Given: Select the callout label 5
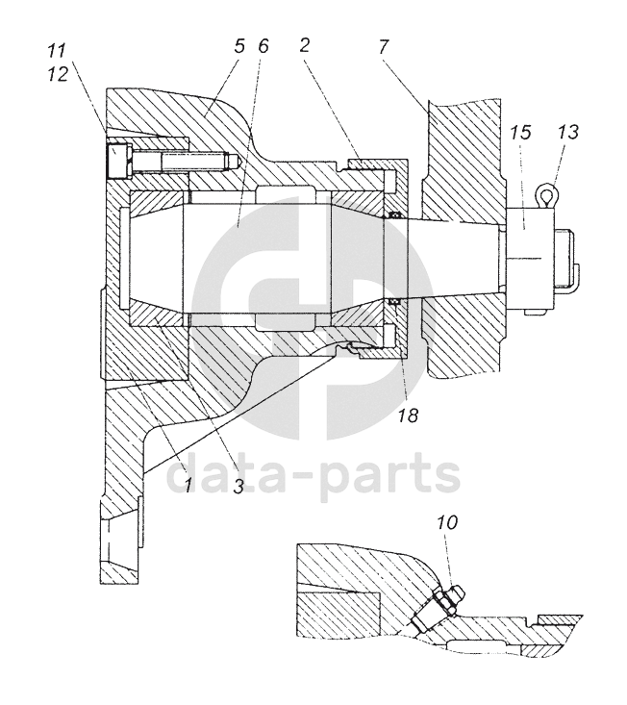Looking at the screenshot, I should [x=238, y=46].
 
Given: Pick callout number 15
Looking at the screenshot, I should [x=519, y=132].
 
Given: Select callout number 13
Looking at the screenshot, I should [x=567, y=132].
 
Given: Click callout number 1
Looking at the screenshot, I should [x=190, y=486].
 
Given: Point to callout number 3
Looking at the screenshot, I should [x=238, y=486].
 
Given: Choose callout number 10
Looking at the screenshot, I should [x=447, y=523].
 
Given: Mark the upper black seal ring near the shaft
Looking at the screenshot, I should [x=392, y=215].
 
